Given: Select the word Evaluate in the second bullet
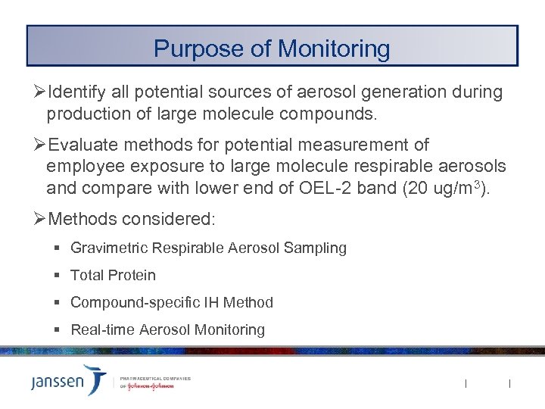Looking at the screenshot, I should (x=78, y=145).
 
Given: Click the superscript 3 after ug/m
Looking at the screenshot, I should (x=482, y=183).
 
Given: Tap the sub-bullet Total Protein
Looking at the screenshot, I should (x=113, y=275).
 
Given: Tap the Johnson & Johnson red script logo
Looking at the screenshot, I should (x=149, y=386).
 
